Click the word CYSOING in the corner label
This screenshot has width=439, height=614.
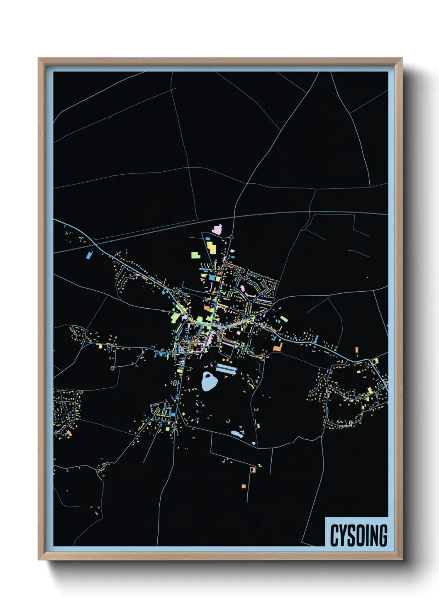(x=359, y=536)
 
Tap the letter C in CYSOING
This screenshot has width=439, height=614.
(x=334, y=536)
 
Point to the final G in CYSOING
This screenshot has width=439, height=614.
(x=383, y=536)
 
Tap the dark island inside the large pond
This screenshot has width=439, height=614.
(x=207, y=378)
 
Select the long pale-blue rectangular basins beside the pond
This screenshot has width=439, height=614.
(x=226, y=369)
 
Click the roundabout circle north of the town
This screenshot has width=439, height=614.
(x=232, y=237)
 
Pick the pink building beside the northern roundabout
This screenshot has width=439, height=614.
(x=217, y=229)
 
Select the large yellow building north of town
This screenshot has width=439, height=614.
(x=211, y=248)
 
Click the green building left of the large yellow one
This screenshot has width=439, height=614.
(x=195, y=255)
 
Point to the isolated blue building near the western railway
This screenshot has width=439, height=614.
(x=88, y=255)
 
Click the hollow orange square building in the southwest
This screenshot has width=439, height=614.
(x=112, y=368)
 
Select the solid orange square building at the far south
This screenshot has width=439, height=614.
(x=244, y=486)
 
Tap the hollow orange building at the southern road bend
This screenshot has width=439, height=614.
(x=252, y=469)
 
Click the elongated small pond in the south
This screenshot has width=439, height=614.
(x=237, y=434)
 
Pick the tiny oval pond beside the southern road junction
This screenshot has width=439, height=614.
(x=254, y=443)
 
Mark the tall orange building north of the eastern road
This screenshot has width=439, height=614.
(x=357, y=352)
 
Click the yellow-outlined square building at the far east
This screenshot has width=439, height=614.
(x=376, y=361)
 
